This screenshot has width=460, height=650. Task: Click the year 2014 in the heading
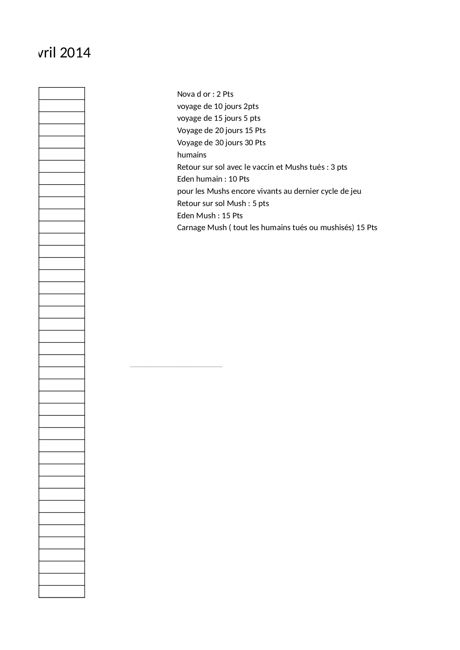click(75, 53)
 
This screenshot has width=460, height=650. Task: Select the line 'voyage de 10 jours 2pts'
click(218, 106)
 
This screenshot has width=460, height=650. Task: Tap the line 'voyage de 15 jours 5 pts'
click(219, 118)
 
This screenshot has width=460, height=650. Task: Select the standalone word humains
click(192, 155)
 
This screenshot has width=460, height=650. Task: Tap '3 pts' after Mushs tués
click(339, 167)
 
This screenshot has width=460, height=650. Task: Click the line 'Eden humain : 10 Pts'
click(213, 179)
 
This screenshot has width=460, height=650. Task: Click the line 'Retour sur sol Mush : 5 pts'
click(223, 203)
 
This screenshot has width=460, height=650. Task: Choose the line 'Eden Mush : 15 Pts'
click(210, 216)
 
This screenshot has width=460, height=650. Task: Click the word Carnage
click(191, 228)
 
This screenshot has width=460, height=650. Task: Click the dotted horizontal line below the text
click(176, 367)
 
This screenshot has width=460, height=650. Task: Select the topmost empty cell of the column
click(62, 93)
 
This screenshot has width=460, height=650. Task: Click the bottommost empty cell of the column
click(62, 591)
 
